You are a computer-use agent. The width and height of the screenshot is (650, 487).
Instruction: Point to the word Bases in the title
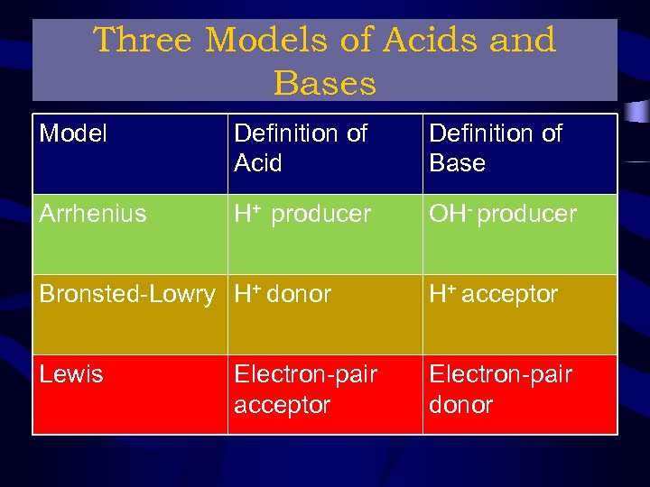tap(324, 83)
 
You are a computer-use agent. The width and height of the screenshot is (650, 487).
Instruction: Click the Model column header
tap(73, 133)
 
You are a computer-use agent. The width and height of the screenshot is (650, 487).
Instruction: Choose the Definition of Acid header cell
tap(300, 148)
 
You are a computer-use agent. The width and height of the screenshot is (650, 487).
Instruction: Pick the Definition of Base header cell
tap(495, 148)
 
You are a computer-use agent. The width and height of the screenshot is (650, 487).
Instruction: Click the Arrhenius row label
tap(93, 214)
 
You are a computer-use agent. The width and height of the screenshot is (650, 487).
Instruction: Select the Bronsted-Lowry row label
tap(127, 294)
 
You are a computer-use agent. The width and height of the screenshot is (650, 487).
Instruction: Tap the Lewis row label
tap(71, 374)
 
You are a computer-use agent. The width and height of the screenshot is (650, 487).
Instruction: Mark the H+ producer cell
tap(302, 214)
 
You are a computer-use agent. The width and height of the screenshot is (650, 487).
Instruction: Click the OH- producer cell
tap(502, 214)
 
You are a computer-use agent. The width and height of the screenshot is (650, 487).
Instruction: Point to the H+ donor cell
tap(283, 294)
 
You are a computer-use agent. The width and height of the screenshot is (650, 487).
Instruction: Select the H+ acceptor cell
tap(493, 294)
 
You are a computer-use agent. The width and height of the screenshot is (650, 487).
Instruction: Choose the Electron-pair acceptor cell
tap(305, 389)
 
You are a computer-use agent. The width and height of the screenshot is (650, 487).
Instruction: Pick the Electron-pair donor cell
tap(500, 389)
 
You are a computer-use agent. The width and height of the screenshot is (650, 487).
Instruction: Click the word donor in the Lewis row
tap(460, 405)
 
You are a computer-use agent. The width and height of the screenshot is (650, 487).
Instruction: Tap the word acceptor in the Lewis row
tap(282, 405)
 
